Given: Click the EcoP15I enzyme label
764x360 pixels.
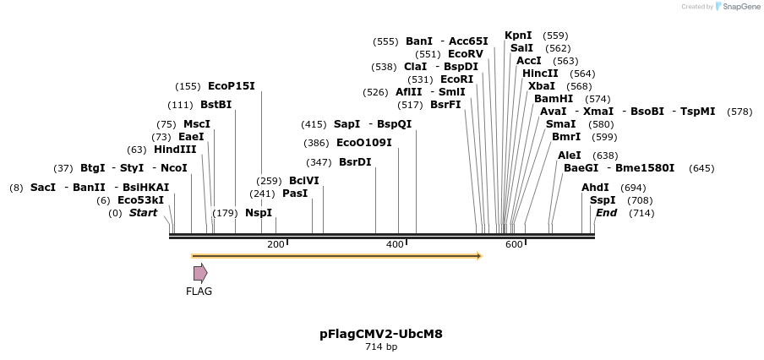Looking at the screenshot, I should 231,86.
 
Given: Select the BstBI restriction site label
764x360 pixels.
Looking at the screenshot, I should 216,105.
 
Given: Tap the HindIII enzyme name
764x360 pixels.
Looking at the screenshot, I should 175,150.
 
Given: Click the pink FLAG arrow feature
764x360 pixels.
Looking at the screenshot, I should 200,273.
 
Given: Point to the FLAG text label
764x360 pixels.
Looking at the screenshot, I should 199,292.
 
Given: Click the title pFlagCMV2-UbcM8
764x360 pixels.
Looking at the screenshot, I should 381,334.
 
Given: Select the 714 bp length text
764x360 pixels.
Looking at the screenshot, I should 381,347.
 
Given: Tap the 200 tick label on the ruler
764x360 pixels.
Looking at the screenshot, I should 276,244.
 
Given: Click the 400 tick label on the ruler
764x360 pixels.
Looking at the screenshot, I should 395,244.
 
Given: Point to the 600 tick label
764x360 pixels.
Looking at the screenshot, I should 514,244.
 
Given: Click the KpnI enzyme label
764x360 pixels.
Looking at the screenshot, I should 518,35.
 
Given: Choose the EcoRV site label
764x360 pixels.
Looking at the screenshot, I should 466,54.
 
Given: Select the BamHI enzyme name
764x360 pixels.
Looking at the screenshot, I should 554,99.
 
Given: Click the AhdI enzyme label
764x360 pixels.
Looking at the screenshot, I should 595,188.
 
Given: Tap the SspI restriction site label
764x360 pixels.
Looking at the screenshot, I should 603,200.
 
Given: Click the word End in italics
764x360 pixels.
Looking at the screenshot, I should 606,213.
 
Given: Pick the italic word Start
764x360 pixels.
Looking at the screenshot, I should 143,213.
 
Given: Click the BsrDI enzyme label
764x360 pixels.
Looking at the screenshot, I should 355,162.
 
